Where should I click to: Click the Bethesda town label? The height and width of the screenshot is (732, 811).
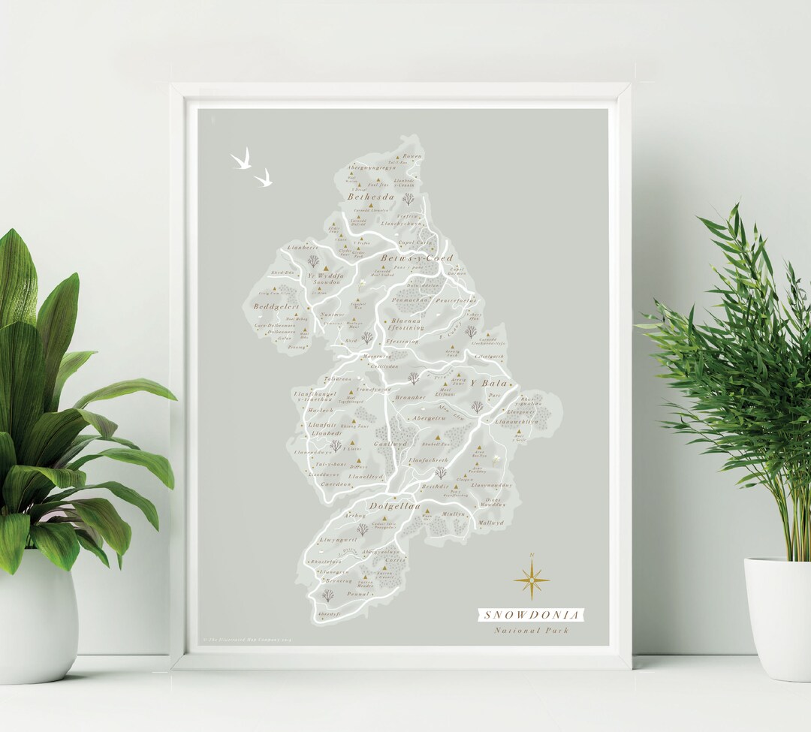coord(370,197)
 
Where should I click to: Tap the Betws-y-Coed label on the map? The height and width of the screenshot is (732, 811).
coord(417,258)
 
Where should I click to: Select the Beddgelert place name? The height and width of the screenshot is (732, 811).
coord(276,307)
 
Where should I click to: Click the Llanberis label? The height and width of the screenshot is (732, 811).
coord(303,247)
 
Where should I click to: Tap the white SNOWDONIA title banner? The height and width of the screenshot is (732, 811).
coord(532,616)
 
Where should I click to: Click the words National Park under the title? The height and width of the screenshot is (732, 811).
coord(532,631)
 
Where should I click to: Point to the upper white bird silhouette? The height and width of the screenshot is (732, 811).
coord(241,159)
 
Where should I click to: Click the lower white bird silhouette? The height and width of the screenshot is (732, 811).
coord(263,179)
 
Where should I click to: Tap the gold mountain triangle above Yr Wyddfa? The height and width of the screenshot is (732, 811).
coord(325,267)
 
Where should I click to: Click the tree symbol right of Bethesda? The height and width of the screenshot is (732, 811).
coord(408,199)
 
